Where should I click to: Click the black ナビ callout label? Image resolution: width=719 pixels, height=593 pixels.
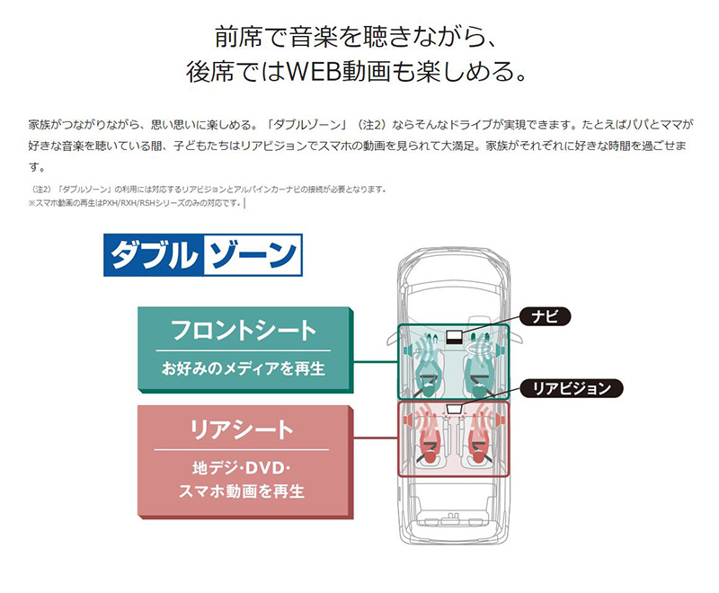point(545,316)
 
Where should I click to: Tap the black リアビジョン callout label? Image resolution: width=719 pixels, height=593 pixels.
point(572,388)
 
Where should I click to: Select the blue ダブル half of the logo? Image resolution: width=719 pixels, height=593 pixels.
point(154,255)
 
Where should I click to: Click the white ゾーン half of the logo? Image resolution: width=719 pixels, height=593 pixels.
point(253,255)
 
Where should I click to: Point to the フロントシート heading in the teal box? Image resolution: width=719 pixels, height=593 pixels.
point(243,330)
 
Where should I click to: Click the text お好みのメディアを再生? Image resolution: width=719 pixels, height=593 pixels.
point(243,368)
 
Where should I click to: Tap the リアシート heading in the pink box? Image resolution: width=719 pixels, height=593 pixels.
point(242,429)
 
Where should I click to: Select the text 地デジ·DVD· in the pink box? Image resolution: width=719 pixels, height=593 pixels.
point(242,468)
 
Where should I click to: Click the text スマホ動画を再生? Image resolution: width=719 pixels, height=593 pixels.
point(242,491)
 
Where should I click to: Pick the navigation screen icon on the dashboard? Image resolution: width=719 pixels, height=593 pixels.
point(454,337)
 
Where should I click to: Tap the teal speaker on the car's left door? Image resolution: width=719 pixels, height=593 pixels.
point(406,351)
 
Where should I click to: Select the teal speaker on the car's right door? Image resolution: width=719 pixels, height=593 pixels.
point(502,351)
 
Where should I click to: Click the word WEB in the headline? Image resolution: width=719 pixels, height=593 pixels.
point(313,72)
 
